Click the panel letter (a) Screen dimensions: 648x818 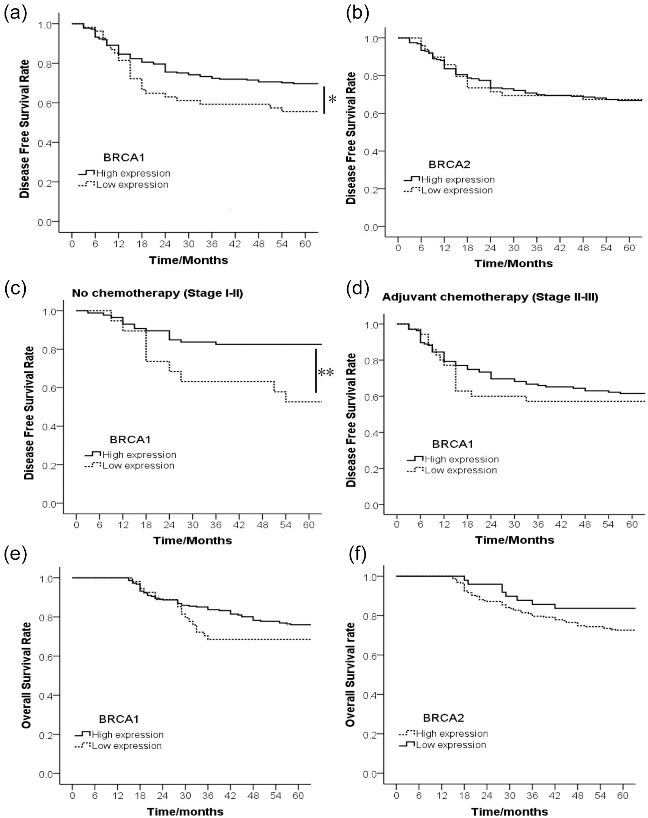click(x=16, y=14)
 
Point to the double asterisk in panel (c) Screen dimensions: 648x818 click(x=326, y=372)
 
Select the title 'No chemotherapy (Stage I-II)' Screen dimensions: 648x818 click(x=158, y=293)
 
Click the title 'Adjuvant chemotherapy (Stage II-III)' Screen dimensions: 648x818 click(x=490, y=297)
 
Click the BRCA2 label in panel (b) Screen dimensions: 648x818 click(x=449, y=164)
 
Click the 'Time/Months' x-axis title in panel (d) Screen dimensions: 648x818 click(x=514, y=540)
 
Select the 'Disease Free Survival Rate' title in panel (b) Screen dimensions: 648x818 click(x=352, y=138)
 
